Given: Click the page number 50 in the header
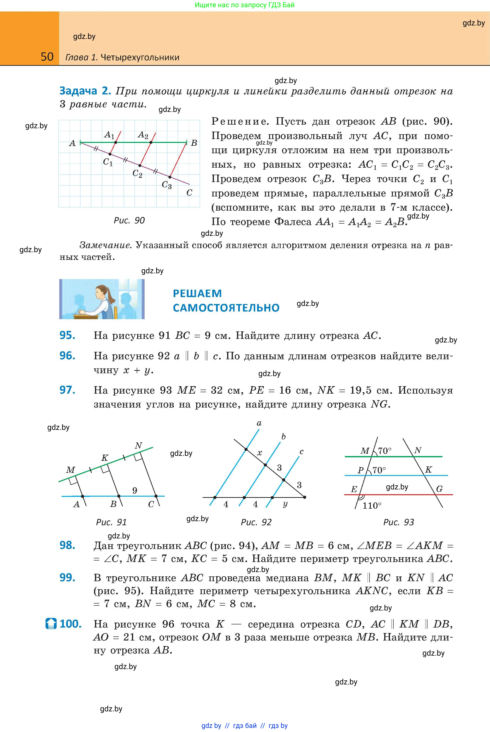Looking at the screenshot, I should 47,57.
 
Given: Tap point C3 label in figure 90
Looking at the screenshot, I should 166,185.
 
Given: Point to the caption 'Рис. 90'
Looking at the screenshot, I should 129,220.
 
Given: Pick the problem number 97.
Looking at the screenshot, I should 67,390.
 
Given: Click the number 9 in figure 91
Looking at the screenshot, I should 135,490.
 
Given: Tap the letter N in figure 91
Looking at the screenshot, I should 138,445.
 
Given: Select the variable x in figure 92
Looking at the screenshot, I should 259,453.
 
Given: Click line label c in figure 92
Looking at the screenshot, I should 301,451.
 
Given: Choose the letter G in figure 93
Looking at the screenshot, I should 439,489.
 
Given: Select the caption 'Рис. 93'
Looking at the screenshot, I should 398,522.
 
